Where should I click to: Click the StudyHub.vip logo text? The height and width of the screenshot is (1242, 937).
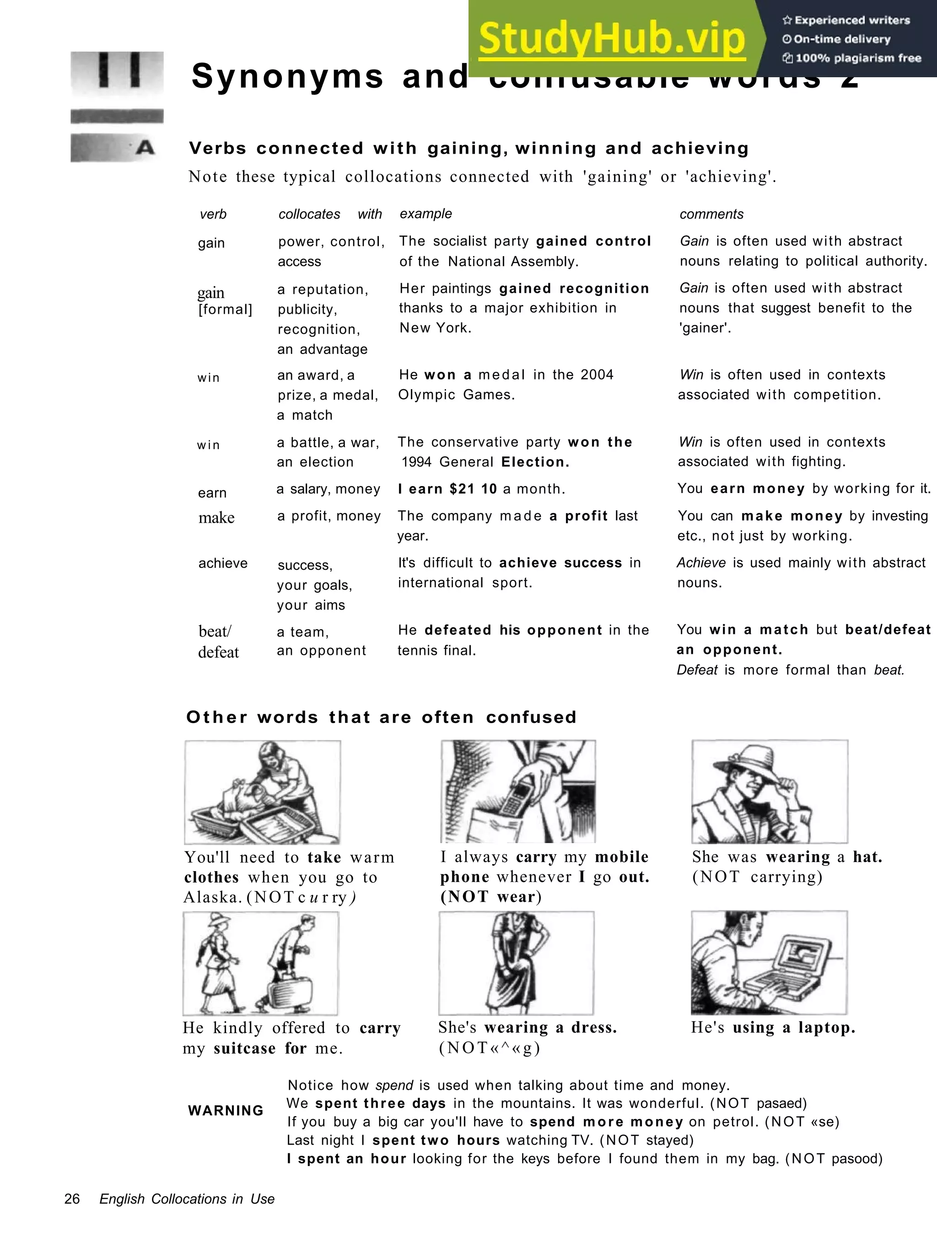(x=611, y=38)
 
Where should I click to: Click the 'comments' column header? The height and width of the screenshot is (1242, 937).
(x=711, y=214)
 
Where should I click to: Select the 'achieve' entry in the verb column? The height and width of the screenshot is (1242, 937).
(x=222, y=563)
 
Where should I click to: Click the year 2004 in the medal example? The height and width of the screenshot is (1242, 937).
(x=597, y=375)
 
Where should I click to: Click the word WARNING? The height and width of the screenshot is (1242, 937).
(x=225, y=1111)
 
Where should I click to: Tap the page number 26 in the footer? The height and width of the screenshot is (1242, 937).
(x=72, y=1199)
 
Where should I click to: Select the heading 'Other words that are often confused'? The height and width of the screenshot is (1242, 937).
(x=382, y=717)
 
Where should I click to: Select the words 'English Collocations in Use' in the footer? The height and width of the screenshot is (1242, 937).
(x=187, y=1199)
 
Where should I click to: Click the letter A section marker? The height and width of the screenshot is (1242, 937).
(x=145, y=148)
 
